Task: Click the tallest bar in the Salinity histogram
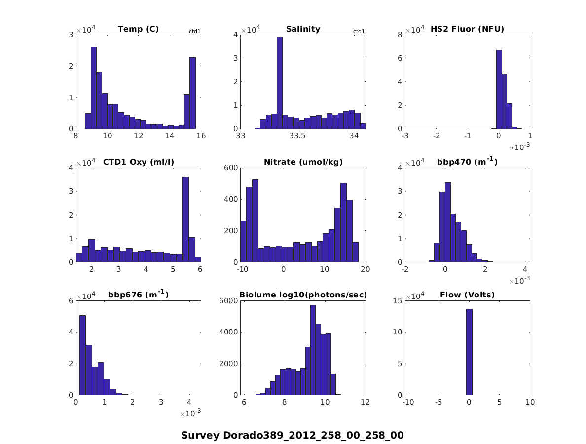(279, 83)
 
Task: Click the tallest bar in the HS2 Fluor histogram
(499, 89)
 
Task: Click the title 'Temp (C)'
(138, 29)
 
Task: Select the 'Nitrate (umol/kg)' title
(303, 162)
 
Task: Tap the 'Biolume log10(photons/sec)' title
(303, 295)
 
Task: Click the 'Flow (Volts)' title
(467, 295)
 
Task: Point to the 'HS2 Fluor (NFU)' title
(467, 29)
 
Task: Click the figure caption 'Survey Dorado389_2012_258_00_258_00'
(293, 435)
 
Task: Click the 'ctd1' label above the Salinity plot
(359, 32)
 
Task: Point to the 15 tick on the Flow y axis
(397, 301)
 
